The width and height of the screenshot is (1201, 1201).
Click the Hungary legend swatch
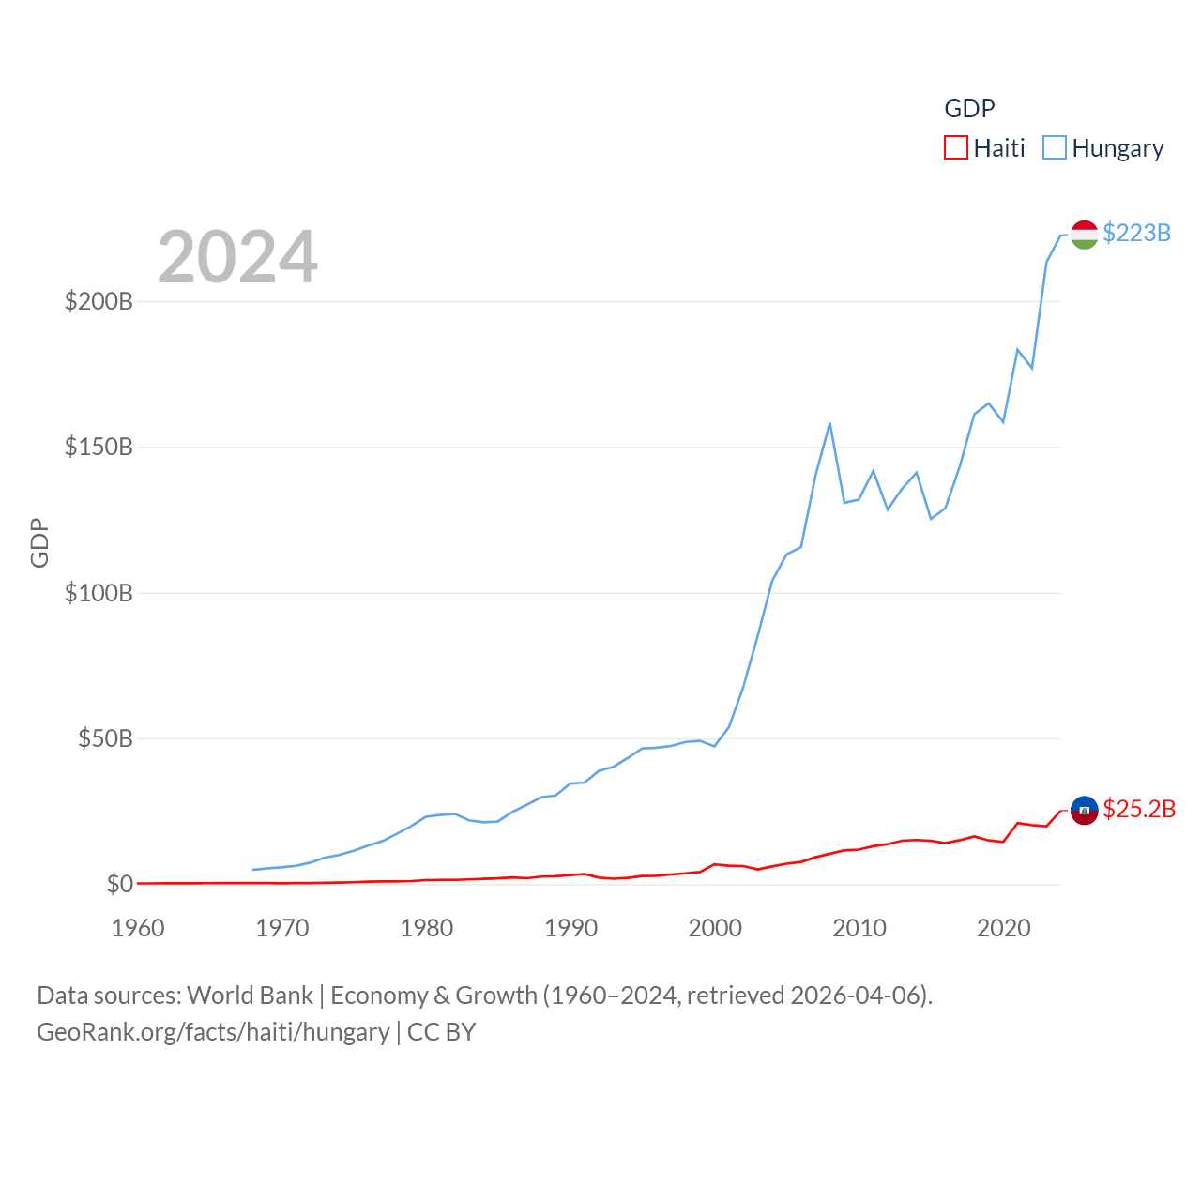click(x=1055, y=148)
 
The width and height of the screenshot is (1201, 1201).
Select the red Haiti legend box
click(x=955, y=148)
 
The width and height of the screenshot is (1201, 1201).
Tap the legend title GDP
click(x=969, y=109)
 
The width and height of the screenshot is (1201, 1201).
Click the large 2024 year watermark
click(x=237, y=257)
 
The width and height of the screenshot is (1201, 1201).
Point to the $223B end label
click(x=1136, y=233)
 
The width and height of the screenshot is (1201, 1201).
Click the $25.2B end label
click(x=1139, y=809)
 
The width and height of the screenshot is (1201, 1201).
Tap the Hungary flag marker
click(x=1084, y=235)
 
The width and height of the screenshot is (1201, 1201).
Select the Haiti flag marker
click(x=1084, y=810)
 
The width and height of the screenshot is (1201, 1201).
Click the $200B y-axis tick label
click(x=99, y=301)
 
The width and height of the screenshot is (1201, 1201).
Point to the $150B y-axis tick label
click(x=99, y=447)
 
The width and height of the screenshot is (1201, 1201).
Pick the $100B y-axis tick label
click(x=99, y=593)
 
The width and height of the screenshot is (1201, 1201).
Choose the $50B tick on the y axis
click(x=105, y=738)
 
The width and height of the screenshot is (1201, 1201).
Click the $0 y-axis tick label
click(x=119, y=884)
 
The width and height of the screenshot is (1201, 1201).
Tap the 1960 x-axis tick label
click(x=138, y=928)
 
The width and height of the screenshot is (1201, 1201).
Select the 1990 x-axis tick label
click(x=570, y=928)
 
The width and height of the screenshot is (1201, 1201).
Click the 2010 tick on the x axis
click(x=859, y=928)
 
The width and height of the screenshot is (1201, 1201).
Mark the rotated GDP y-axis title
click(x=39, y=542)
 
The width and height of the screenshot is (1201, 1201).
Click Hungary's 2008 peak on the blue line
click(x=829, y=424)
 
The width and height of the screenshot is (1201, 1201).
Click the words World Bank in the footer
click(x=250, y=995)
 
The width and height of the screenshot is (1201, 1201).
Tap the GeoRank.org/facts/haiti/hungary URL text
click(x=213, y=1032)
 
